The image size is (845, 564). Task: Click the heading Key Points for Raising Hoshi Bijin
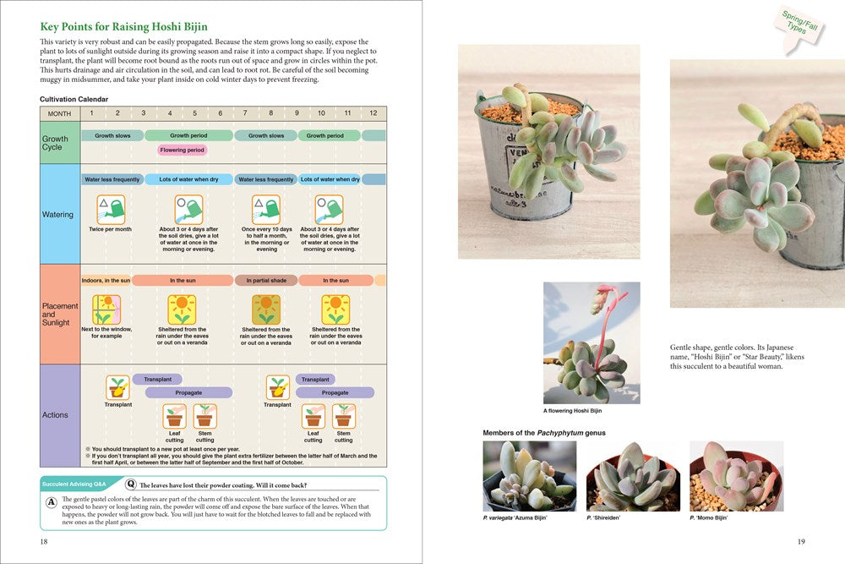point(123,27)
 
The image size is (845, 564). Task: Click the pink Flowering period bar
point(183,151)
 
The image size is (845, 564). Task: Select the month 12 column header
point(373,113)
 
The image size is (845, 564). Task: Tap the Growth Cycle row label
point(52,142)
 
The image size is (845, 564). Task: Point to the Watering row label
point(58,215)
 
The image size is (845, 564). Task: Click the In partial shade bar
point(266,280)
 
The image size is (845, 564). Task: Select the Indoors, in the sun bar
point(106,280)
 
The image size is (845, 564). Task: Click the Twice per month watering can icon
point(110,209)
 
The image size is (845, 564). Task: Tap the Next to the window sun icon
point(106,309)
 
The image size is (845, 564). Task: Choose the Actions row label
point(56,415)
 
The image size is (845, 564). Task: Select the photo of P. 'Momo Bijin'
point(736,476)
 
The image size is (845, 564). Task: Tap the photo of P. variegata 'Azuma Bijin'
point(529,476)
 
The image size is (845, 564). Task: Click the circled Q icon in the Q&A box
point(131,485)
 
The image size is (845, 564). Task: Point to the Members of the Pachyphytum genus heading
point(543,433)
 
